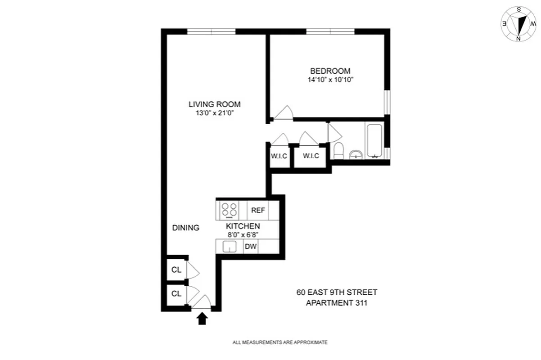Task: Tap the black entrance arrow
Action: pos(203,319)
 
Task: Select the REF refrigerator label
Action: pos(258,210)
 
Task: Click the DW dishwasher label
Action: pos(250,247)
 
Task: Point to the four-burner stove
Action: pos(229,210)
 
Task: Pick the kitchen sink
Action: pos(230,247)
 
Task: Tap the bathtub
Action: pos(374,141)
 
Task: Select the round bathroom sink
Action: pos(356,155)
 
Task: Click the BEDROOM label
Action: pos(330,71)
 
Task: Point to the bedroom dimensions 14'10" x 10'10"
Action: pos(330,80)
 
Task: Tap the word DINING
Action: pos(186,228)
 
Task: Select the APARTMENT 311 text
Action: pos(337,303)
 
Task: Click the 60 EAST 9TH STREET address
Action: pos(337,292)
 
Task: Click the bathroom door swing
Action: pos(334,132)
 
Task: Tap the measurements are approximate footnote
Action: pos(280,342)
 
